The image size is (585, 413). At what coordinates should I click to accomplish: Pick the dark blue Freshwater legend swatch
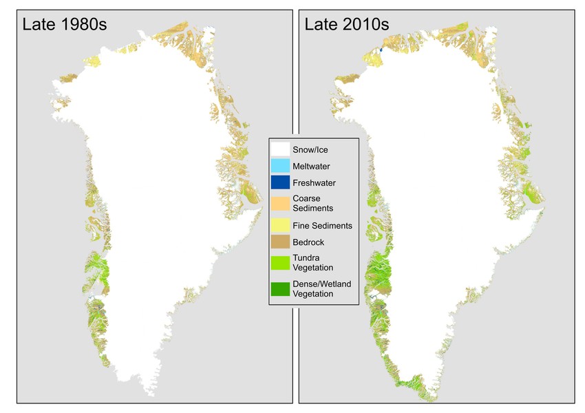[x=280, y=182]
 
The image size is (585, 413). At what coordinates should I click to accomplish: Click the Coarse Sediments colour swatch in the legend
[x=280, y=204]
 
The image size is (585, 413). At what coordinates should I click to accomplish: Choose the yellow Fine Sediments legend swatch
[x=280, y=225]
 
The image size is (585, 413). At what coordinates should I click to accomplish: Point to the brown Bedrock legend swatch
[x=280, y=242]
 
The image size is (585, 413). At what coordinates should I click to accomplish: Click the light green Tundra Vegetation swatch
[x=280, y=263]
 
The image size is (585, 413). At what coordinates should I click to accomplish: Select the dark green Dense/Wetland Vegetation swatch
[x=280, y=289]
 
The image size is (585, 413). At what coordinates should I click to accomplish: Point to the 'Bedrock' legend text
[x=309, y=242]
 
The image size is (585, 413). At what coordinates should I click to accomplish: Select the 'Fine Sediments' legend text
[x=322, y=225]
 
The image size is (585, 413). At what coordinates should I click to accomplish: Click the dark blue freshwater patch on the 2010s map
[x=381, y=50]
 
